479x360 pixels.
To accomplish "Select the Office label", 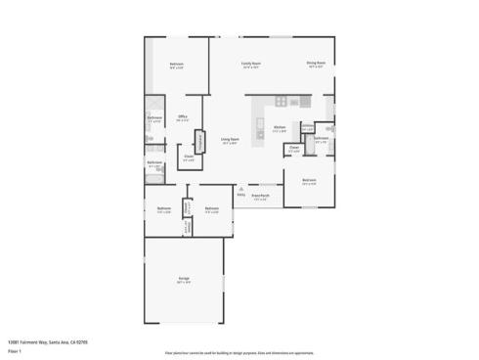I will pos(183,116).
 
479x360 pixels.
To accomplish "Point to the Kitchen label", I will pos(280,127).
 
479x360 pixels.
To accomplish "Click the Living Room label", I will pos(230,140).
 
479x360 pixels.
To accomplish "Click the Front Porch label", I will pos(260,196).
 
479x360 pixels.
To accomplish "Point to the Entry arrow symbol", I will pos(240,187).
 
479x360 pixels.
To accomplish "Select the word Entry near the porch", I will pos(240,194).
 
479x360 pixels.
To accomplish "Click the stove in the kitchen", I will pos(281,101).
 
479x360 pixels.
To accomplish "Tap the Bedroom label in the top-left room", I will pos(177,65).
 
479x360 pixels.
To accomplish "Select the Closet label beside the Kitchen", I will pos(293,149).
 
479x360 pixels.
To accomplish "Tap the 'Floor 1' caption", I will pos(14,350).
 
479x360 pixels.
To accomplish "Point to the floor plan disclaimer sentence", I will pos(239,350).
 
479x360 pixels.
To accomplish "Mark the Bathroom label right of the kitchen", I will pos(321,138).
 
